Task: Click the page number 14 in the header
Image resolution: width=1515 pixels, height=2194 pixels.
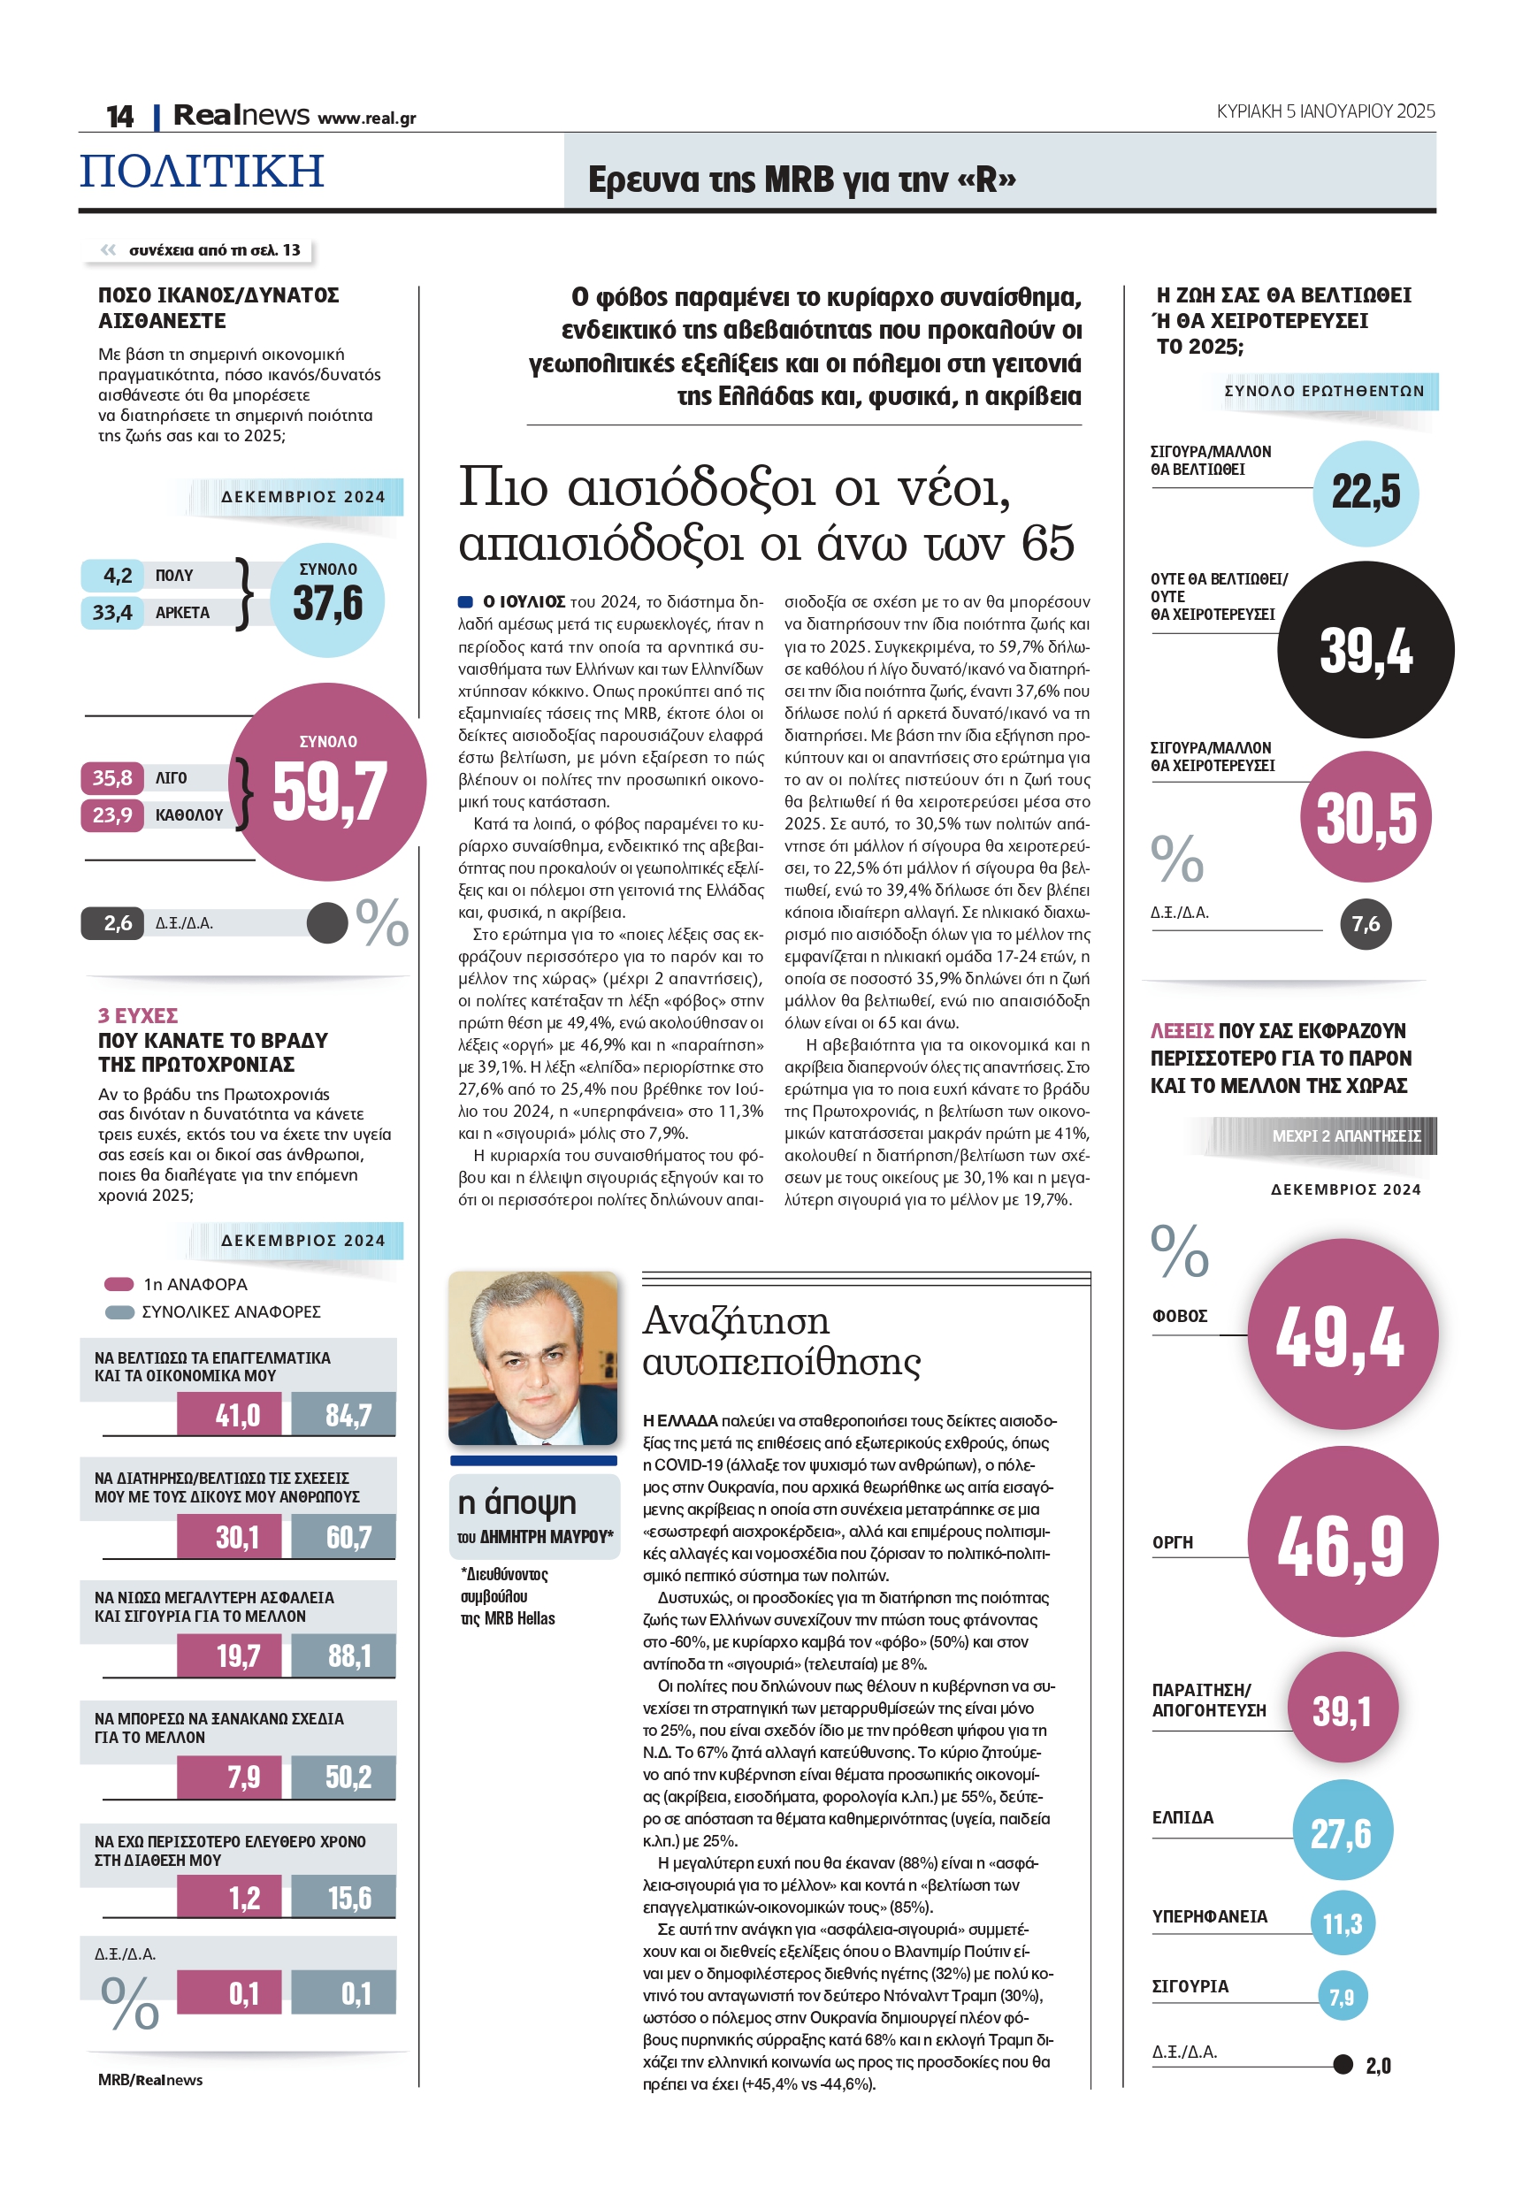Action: tap(119, 116)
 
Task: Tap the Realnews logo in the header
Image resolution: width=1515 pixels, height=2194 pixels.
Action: tap(241, 115)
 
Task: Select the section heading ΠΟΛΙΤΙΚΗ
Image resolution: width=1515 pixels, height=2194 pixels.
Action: tap(203, 171)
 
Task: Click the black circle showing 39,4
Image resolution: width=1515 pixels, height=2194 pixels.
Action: tap(1365, 650)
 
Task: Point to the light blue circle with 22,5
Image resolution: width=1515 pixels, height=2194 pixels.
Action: tap(1365, 492)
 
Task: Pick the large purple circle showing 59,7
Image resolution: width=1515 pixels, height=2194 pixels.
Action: tap(327, 782)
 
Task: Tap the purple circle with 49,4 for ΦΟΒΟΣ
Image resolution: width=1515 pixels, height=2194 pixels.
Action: tap(1342, 1334)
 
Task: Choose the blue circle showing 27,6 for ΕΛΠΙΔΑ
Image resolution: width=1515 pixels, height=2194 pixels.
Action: tap(1342, 1833)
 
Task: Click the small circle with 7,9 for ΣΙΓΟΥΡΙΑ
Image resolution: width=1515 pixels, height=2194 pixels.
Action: tap(1342, 1997)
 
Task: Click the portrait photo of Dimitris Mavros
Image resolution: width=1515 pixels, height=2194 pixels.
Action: tap(532, 1358)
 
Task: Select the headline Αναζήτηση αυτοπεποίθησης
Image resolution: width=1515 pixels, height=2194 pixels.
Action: tap(781, 1340)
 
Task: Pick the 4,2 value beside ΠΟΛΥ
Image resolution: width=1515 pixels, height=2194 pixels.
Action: tap(117, 575)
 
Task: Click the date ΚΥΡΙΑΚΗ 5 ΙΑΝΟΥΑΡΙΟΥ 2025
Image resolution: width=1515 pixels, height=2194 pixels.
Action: tap(1325, 111)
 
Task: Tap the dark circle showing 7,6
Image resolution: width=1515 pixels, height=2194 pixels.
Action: tap(1365, 923)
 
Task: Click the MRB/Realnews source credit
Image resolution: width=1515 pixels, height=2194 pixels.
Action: tap(150, 2079)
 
